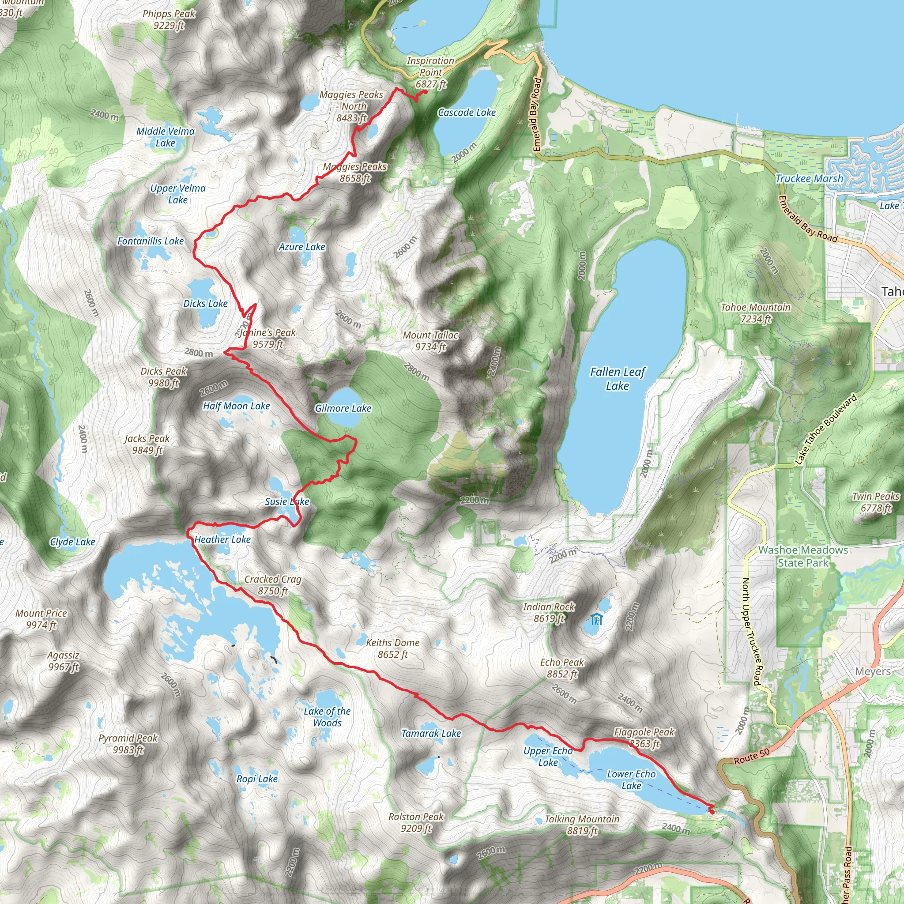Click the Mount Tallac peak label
coord(430,341)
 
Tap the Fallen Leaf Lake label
coord(617,379)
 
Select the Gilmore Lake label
coord(343,408)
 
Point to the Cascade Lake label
coord(467,112)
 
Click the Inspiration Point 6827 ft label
coord(430,72)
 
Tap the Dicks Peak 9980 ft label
coord(163,377)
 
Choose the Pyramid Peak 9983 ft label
coord(128,743)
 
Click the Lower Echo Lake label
coord(631,780)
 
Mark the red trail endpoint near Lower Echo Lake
coord(712,812)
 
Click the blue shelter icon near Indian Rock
coord(596,620)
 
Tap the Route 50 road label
coord(751,756)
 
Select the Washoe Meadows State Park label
coord(803,556)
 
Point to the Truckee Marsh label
coord(809,178)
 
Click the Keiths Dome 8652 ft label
coord(392,648)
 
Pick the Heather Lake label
coord(222,539)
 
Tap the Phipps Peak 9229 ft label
coord(169,19)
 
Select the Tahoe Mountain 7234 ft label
coord(755,313)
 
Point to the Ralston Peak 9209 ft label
coord(416,822)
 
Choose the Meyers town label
coord(873,671)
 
